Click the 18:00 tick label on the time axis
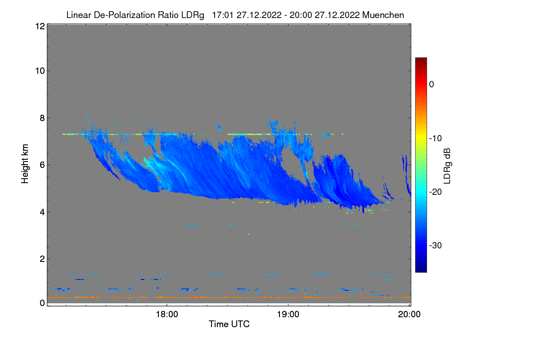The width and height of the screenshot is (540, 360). click(166, 315)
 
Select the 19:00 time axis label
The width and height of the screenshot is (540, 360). click(288, 315)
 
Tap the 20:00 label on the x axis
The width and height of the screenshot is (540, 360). click(409, 315)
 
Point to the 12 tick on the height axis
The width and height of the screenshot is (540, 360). click(39, 26)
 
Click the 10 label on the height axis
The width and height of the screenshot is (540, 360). click(39, 71)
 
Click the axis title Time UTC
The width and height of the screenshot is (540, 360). click(229, 324)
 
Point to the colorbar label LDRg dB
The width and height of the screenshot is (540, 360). click(447, 165)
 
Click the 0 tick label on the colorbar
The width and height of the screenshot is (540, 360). click(432, 85)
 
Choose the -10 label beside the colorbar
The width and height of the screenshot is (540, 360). click(436, 138)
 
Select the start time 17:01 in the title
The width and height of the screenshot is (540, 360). click(221, 15)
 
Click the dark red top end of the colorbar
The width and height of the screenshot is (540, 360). click(421, 60)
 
